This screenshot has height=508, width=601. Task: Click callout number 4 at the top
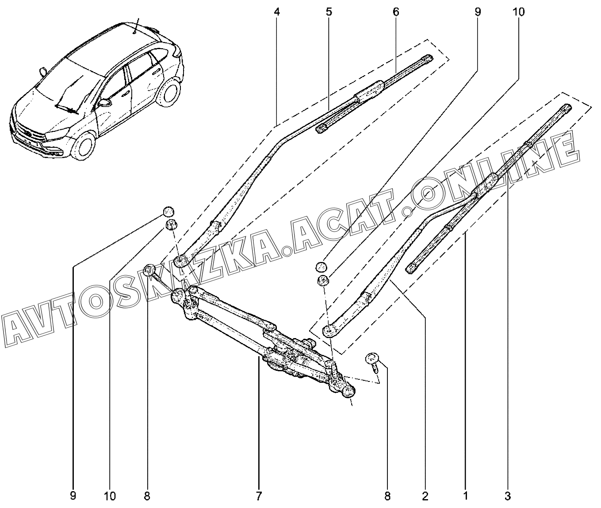pos(277,12)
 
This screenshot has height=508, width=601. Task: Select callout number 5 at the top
pos(329,12)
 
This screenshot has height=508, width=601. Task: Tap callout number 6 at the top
pos(395,12)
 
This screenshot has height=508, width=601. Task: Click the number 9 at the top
pos(477,12)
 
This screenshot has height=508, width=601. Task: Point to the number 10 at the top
pos(519,12)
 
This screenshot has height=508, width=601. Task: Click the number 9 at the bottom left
pos(73,496)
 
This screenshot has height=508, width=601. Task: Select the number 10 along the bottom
pos(110,496)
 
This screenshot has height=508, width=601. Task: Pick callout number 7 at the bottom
pos(259,496)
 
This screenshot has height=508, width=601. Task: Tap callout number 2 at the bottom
pos(425,496)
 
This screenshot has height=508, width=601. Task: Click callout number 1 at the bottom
pos(466,496)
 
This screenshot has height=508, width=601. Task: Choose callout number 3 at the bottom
pos(508,496)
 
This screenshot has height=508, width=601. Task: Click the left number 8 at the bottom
pos(147,496)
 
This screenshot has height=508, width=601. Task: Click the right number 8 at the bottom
pos(387,496)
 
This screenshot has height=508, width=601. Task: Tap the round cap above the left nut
pos(168,211)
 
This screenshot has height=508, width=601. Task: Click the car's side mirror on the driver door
pos(105,103)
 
